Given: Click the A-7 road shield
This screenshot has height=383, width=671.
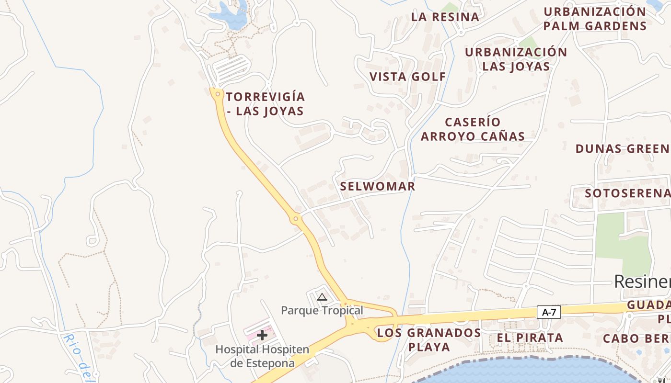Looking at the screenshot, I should point(549,313).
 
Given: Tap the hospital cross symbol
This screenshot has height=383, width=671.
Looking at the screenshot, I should point(262,335).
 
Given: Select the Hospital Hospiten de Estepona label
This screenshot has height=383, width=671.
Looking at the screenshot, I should point(262,356).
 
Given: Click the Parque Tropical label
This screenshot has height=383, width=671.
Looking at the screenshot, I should point(322,310).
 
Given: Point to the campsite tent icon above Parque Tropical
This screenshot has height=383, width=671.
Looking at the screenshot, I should point(322,297).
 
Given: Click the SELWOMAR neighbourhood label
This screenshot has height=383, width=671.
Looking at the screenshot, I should point(378,186).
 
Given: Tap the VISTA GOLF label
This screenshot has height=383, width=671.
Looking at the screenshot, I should point(408,77).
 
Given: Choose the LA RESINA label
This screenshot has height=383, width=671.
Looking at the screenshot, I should point(445,17).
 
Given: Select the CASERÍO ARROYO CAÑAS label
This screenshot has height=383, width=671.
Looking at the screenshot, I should point(473,129).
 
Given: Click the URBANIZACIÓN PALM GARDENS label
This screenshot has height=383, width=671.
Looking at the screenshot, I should point(595,18).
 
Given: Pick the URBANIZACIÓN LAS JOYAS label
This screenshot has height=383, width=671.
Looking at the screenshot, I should point(516,59).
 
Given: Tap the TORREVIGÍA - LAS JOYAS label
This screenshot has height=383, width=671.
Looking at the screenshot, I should point(265,104).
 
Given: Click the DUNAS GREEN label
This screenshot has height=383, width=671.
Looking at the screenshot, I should point(623,148).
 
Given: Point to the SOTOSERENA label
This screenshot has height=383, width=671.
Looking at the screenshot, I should point(627,193).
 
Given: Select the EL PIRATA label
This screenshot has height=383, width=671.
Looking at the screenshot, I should point(530,338).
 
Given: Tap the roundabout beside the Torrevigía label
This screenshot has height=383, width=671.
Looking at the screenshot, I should point(218,94).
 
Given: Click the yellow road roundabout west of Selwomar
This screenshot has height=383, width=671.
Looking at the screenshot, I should point(296,219).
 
